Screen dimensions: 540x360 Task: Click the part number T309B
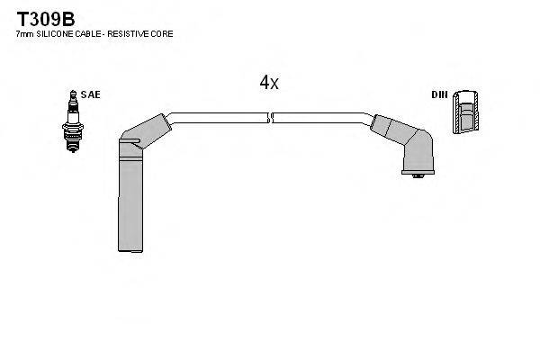tap(46, 19)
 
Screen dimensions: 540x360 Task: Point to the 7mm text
tap(25, 34)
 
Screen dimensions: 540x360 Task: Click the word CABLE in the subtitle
tap(88, 34)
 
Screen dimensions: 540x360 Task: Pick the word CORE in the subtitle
tap(162, 34)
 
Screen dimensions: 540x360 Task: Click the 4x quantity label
tap(269, 82)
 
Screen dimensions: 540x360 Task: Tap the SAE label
tap(91, 94)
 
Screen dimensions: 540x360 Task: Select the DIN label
tap(439, 94)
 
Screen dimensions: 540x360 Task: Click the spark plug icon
tap(73, 121)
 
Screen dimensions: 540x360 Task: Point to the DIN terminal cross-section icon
tap(465, 112)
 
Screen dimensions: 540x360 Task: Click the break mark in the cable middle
tap(270, 118)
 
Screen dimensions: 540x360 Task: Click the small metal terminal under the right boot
tap(418, 176)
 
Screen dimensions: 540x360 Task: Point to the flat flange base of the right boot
tap(418, 172)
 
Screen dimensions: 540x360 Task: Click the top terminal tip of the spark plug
tap(73, 94)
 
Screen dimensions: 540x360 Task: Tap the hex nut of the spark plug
tap(73, 128)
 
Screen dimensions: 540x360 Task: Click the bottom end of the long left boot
tap(130, 250)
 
